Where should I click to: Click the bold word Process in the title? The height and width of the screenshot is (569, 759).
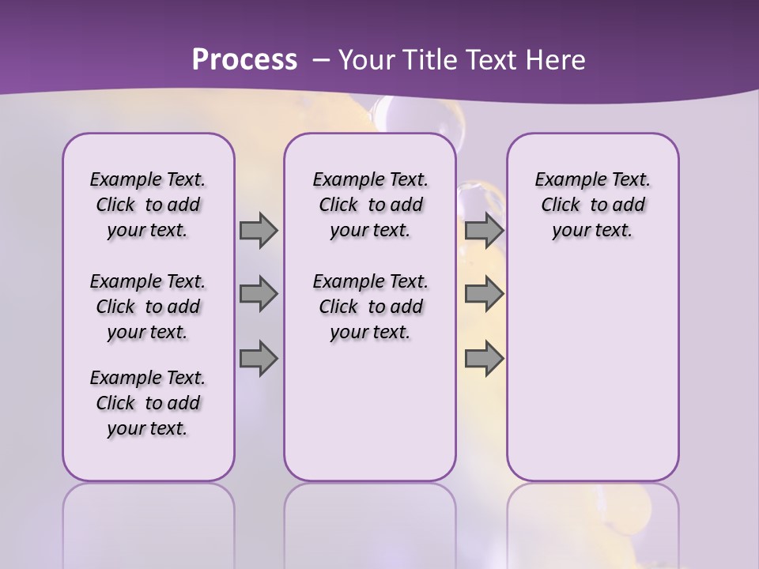(x=244, y=59)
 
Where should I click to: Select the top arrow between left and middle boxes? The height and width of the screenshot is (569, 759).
(x=259, y=230)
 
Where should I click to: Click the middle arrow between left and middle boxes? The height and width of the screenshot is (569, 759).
(x=259, y=294)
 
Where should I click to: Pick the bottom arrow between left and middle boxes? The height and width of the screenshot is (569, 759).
(x=259, y=358)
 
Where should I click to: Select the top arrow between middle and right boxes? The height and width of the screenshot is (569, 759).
(x=484, y=230)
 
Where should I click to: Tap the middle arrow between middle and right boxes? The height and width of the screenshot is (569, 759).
(x=484, y=294)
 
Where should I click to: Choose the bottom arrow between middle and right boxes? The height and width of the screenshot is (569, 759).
(x=484, y=358)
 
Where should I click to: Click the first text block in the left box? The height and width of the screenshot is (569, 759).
(x=148, y=205)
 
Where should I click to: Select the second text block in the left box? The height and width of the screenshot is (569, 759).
(x=148, y=307)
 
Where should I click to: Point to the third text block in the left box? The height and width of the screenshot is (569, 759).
(x=148, y=403)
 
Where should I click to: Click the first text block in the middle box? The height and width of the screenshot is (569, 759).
(x=370, y=205)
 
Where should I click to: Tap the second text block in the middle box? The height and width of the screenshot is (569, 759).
(x=370, y=307)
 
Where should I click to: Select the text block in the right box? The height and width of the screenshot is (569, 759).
(x=592, y=205)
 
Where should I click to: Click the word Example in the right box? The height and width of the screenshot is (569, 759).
(x=566, y=180)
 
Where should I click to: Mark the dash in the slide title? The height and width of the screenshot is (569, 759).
(x=320, y=60)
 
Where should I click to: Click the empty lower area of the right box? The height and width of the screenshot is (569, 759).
(x=592, y=371)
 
